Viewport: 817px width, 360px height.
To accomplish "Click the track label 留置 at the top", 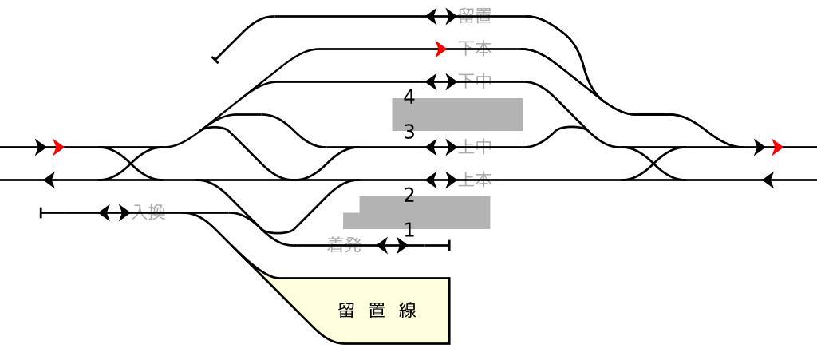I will pyautogui.click(x=475, y=15).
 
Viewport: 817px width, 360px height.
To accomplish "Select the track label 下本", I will pyautogui.click(x=475, y=49).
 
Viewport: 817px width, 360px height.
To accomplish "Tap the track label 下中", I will pyautogui.click(x=475, y=81).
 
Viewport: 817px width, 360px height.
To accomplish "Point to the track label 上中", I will pyautogui.click(x=475, y=147).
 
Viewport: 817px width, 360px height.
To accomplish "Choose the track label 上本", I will pyautogui.click(x=475, y=180).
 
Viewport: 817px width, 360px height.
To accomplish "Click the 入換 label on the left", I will pyautogui.click(x=148, y=212).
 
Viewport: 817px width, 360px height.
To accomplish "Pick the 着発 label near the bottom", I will pyautogui.click(x=344, y=245).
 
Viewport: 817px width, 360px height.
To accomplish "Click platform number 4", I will pyautogui.click(x=409, y=97).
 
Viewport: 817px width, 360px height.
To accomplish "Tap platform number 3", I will pyautogui.click(x=409, y=132).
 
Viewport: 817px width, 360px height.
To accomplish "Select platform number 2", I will pyautogui.click(x=409, y=196).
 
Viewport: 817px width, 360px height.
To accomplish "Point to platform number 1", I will pyautogui.click(x=409, y=230).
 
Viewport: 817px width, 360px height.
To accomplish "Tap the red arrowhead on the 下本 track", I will pyautogui.click(x=441, y=49).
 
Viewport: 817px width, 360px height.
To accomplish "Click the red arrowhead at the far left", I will pyautogui.click(x=58, y=147).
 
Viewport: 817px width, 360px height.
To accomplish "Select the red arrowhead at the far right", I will pyautogui.click(x=777, y=147).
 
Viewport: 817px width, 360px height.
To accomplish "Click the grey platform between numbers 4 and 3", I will pyautogui.click(x=457, y=114).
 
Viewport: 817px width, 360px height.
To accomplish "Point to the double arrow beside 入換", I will pyautogui.click(x=115, y=212).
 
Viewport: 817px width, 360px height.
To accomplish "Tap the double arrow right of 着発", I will pyautogui.click(x=392, y=245).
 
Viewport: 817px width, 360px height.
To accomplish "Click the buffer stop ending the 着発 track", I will pyautogui.click(x=449, y=245).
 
